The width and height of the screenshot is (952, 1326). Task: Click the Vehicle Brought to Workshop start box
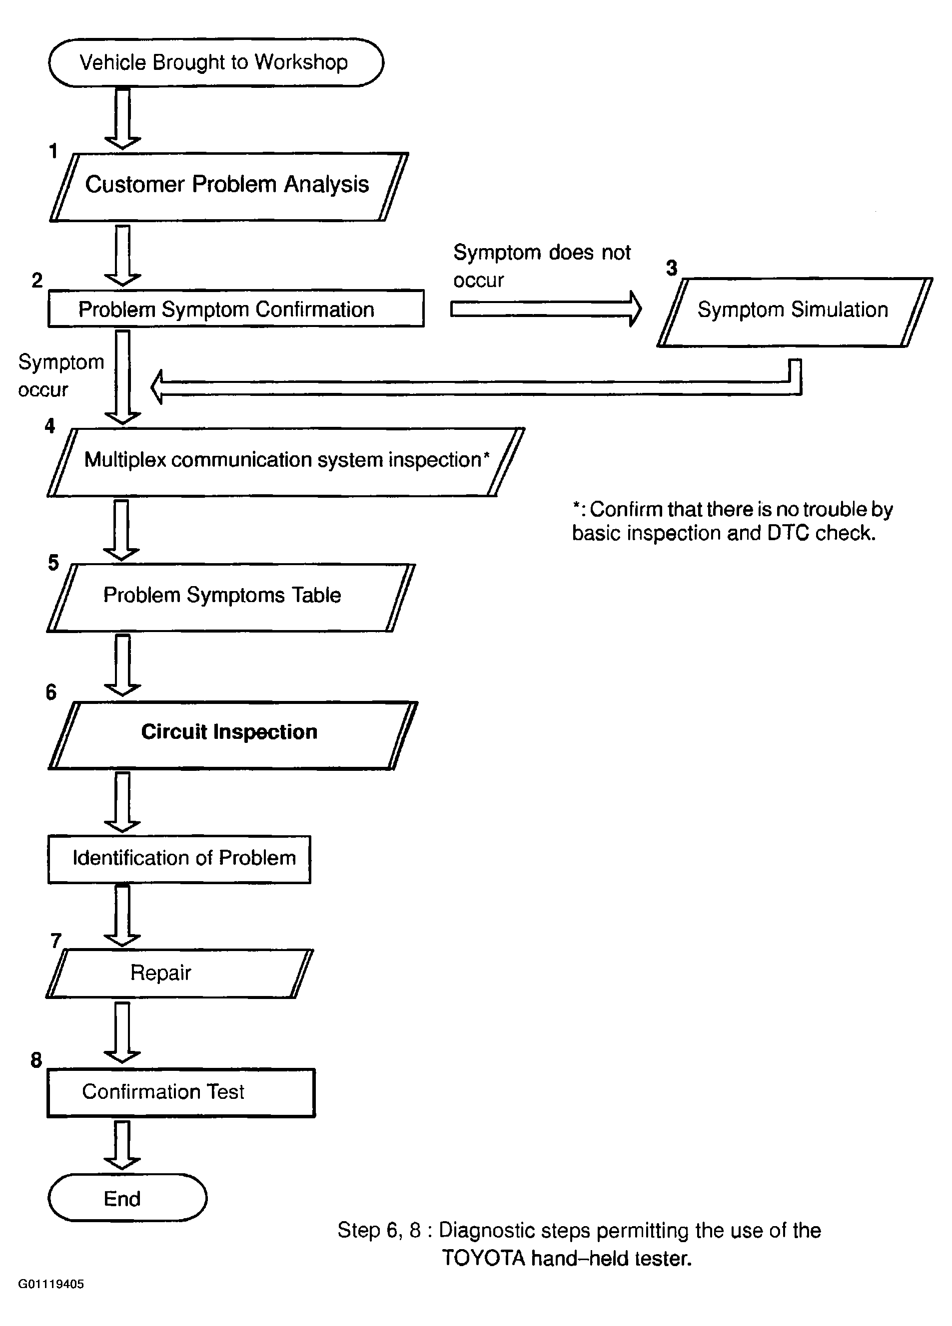215,62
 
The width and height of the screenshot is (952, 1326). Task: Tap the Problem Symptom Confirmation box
235,309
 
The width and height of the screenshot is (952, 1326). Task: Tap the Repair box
178,974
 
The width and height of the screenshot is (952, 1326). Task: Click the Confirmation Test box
180,1092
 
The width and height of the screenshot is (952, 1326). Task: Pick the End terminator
127,1198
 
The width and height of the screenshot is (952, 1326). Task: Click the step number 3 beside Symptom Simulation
671,268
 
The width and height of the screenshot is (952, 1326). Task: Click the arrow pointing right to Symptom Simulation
545,309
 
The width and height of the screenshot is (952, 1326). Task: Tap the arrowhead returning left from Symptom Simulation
157,387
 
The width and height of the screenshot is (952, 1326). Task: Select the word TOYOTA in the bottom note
483,1258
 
